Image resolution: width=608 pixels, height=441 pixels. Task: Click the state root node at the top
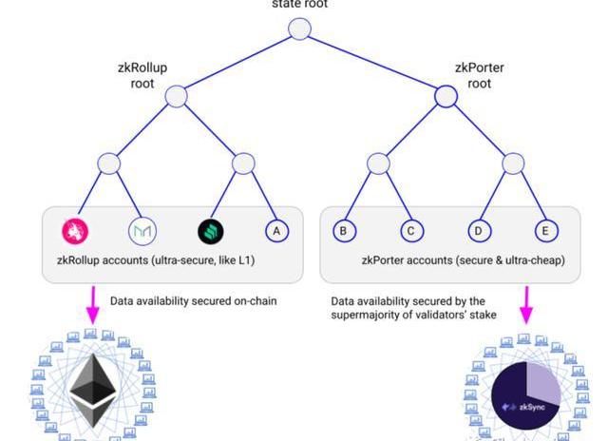tap(299, 29)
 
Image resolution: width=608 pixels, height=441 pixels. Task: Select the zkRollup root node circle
tap(177, 96)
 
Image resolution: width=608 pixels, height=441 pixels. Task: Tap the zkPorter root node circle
tap(446, 96)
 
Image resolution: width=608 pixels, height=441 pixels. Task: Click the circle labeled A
tap(276, 230)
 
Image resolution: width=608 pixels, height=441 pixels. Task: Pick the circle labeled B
tap(343, 230)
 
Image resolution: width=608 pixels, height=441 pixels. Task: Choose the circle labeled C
tap(409, 230)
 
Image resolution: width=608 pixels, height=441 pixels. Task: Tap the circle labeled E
tap(546, 230)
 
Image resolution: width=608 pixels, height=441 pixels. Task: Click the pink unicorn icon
tap(76, 230)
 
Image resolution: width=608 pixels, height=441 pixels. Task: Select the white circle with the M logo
tap(142, 230)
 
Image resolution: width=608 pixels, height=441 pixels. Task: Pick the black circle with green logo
tap(210, 230)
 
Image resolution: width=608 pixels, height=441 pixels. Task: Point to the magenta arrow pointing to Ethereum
tap(94, 304)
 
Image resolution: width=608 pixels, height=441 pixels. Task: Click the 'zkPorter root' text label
tap(480, 76)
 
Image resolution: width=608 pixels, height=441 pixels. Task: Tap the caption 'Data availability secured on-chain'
tap(193, 301)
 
